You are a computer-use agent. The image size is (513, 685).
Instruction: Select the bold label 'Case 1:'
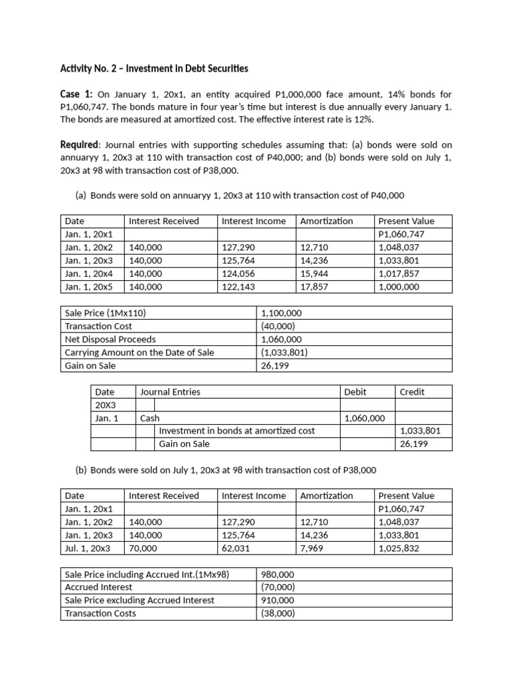77,94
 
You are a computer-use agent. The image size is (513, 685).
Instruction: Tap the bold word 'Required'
80,144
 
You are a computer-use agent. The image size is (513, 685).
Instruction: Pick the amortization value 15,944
315,273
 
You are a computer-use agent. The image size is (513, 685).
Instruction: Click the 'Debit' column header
355,391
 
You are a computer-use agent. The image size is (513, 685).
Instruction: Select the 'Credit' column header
412,391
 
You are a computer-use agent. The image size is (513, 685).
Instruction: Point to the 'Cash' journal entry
150,418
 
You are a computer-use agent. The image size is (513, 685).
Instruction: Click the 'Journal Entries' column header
170,391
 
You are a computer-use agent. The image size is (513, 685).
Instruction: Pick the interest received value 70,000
143,548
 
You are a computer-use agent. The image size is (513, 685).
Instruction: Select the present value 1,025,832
399,548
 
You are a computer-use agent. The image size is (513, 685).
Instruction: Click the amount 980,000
277,574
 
